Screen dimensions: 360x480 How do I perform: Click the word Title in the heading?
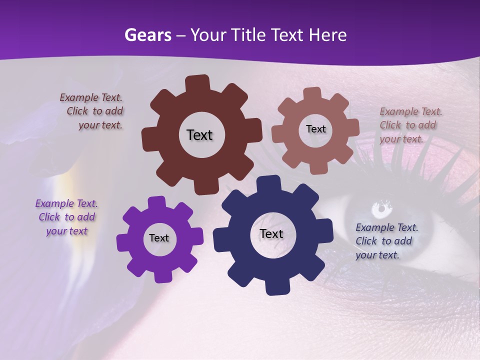(x=253, y=35)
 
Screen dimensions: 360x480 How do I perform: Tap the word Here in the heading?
(x=328, y=35)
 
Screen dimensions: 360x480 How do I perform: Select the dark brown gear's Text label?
(x=199, y=135)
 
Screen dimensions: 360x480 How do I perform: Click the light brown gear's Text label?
(x=315, y=129)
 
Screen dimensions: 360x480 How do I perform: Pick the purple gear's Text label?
(x=159, y=238)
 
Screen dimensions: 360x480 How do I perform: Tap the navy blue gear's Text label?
(x=271, y=234)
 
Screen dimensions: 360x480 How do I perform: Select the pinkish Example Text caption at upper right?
(x=409, y=125)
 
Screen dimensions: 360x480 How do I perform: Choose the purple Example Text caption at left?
(x=66, y=217)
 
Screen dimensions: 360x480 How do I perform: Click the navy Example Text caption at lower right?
(x=385, y=241)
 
